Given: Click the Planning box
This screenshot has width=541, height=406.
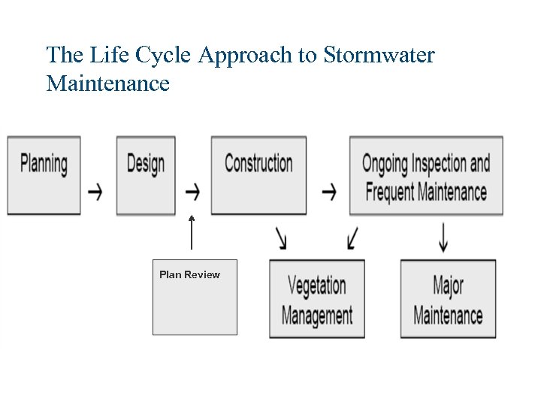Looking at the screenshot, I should (44, 174).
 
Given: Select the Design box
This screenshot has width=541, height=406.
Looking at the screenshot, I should (146, 174).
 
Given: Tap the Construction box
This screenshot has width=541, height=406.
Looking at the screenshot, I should (258, 174).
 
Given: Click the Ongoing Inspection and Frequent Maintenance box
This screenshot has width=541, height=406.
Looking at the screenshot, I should (426, 176).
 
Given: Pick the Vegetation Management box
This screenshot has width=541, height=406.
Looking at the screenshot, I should (317, 298).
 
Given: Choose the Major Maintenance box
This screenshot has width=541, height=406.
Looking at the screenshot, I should (448, 298).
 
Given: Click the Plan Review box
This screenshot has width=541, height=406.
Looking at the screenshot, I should (195, 297).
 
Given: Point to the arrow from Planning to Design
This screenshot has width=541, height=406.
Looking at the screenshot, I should (95, 192).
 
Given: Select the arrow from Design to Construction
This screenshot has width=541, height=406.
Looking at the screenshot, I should (192, 192).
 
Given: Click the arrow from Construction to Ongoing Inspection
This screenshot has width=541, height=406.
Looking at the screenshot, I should (328, 192).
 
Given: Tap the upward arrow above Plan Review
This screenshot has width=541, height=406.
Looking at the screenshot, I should (192, 232).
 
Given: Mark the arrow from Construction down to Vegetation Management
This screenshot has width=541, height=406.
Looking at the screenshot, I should (281, 238).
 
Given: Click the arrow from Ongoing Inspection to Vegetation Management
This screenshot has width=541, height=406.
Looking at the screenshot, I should (352, 238).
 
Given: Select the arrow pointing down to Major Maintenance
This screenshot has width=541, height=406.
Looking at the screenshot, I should (444, 238).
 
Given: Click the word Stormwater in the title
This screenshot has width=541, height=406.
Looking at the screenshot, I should (379, 56).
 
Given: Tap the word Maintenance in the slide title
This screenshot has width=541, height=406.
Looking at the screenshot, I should (107, 83).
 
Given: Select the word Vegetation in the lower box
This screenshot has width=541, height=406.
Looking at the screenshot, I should (317, 286).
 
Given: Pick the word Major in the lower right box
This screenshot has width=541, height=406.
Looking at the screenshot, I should (448, 286).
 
